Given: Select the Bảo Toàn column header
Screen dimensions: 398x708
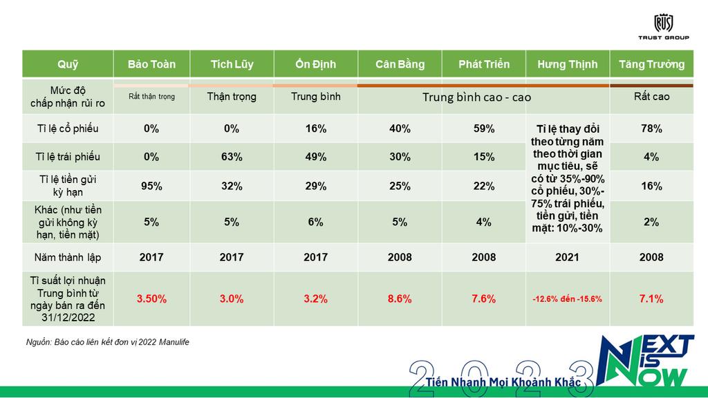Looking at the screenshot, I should tap(151, 64).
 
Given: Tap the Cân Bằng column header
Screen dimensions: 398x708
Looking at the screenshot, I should tap(400, 64).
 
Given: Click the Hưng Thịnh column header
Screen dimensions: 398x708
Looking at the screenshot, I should tap(567, 64).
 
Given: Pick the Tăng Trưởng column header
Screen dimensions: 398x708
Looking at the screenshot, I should tap(651, 64).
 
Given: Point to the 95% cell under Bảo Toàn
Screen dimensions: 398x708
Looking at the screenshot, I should tap(151, 186).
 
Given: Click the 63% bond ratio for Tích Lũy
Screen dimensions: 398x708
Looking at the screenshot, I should tap(232, 157).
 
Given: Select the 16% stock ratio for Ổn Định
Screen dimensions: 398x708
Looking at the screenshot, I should tap(315, 129).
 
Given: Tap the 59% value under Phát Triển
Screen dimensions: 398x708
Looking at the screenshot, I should tap(484, 129).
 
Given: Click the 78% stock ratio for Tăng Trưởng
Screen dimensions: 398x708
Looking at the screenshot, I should tap(651, 129).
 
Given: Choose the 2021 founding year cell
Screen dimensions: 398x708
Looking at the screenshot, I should tap(567, 257).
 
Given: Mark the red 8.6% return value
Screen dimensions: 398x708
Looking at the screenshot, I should tap(400, 298).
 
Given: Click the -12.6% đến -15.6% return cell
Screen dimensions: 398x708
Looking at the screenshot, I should tap(567, 299).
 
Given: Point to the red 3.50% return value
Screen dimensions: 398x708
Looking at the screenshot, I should tap(151, 298).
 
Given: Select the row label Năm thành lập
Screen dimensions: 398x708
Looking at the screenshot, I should tap(68, 257).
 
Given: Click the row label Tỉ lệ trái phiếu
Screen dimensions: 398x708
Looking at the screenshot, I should tap(68, 157).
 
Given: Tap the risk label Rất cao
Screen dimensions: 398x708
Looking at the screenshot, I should tap(651, 97).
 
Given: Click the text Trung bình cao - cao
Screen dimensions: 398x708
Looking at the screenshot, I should tap(476, 97).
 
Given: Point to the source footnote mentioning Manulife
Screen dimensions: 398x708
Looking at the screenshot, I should tap(107, 342).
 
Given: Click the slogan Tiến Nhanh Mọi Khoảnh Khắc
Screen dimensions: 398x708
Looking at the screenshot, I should tap(503, 381).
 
